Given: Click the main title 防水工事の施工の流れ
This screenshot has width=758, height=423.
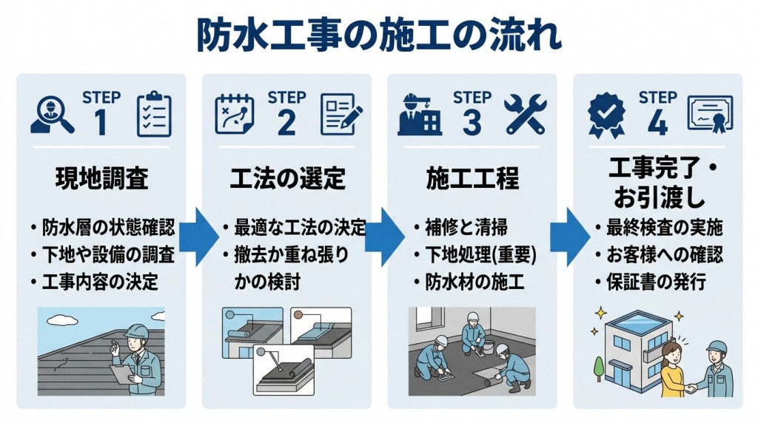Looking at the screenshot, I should click(378, 35).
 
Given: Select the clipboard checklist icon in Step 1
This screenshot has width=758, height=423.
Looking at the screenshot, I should click(154, 115).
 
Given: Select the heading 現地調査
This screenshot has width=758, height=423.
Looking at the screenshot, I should click(101, 179).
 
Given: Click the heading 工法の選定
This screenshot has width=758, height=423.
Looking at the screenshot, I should click(286, 179).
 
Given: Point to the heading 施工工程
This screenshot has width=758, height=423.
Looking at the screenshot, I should click(472, 179).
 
